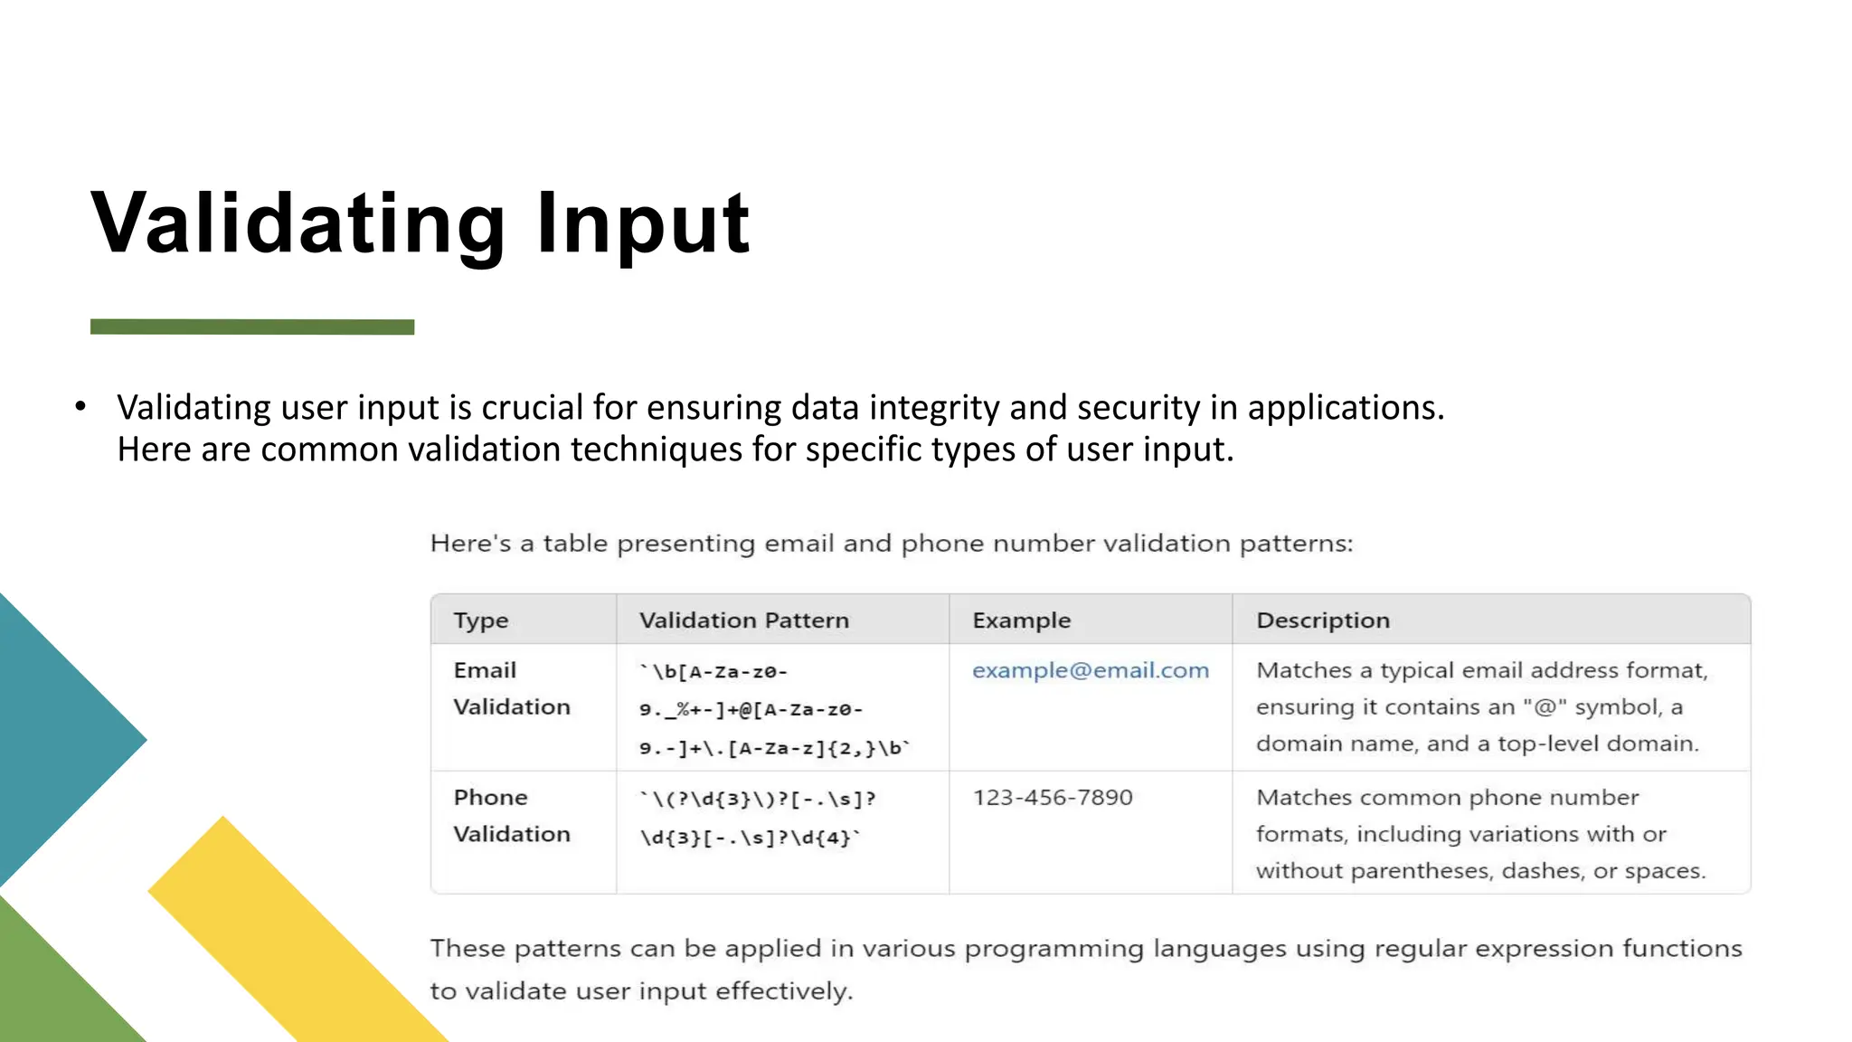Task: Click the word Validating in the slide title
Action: (298, 223)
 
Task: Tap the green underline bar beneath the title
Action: (252, 327)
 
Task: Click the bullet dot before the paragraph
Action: (80, 406)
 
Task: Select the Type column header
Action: (481, 620)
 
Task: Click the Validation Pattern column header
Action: (744, 620)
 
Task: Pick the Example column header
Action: (1021, 620)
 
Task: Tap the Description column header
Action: (1323, 620)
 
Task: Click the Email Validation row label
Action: (511, 688)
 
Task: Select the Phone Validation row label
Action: (511, 815)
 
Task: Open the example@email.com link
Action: (1090, 670)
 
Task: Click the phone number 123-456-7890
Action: (1053, 798)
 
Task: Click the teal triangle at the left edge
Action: (54, 739)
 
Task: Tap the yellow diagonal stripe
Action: (289, 932)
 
